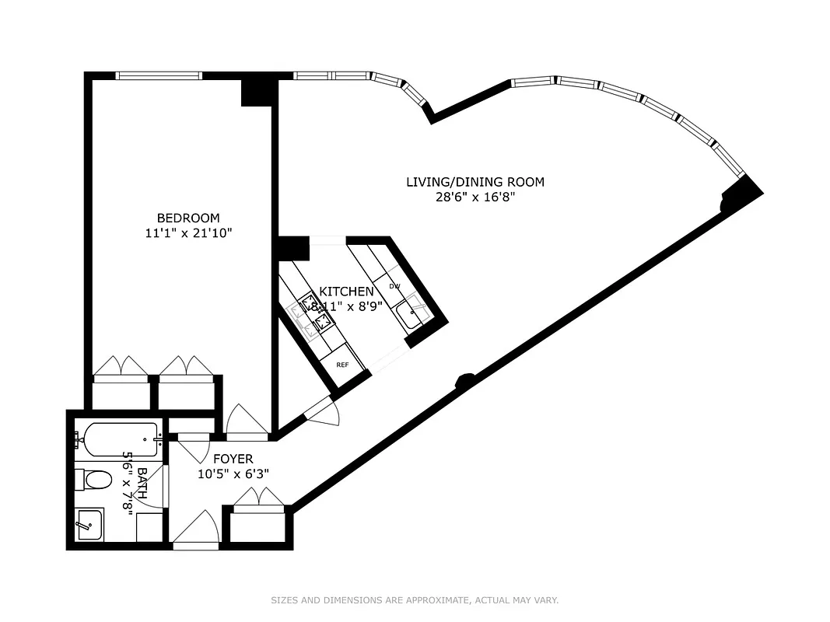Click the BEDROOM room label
click(188, 218)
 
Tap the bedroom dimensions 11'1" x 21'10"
click(188, 232)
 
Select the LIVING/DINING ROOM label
click(475, 182)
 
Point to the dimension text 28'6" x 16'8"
click(475, 197)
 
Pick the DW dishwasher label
click(394, 286)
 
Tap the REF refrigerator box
click(342, 365)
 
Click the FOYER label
click(234, 460)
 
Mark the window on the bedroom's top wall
click(159, 75)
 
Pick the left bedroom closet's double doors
click(121, 368)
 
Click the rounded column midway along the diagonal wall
click(464, 380)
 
